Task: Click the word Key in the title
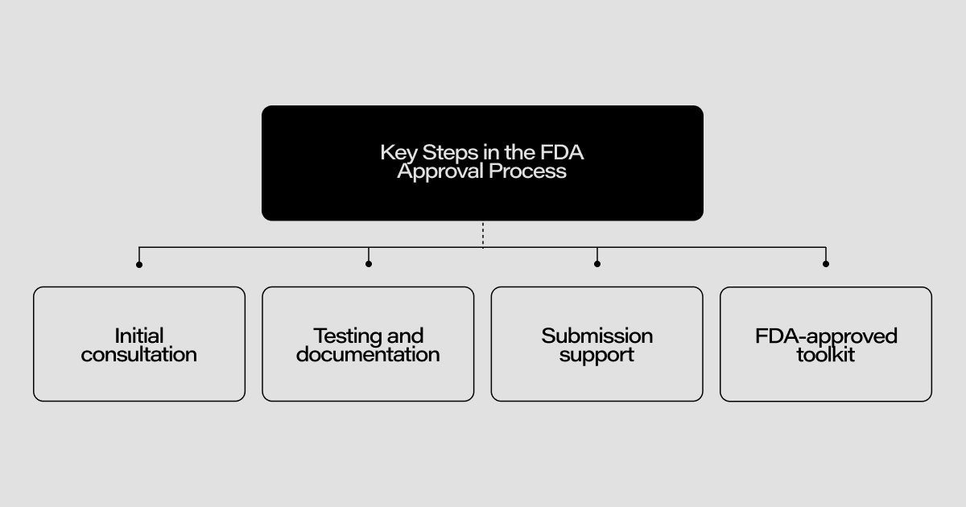[x=394, y=152]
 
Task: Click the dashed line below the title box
[x=483, y=233]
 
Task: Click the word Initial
[x=139, y=336]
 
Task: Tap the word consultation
[x=139, y=354]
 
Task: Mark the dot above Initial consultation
[x=139, y=264]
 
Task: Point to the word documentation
[x=368, y=354]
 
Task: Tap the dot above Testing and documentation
[x=369, y=264]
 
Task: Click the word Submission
[x=597, y=336]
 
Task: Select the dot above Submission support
[x=597, y=264]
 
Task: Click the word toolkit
[x=826, y=354]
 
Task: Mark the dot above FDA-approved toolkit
[x=826, y=264]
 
